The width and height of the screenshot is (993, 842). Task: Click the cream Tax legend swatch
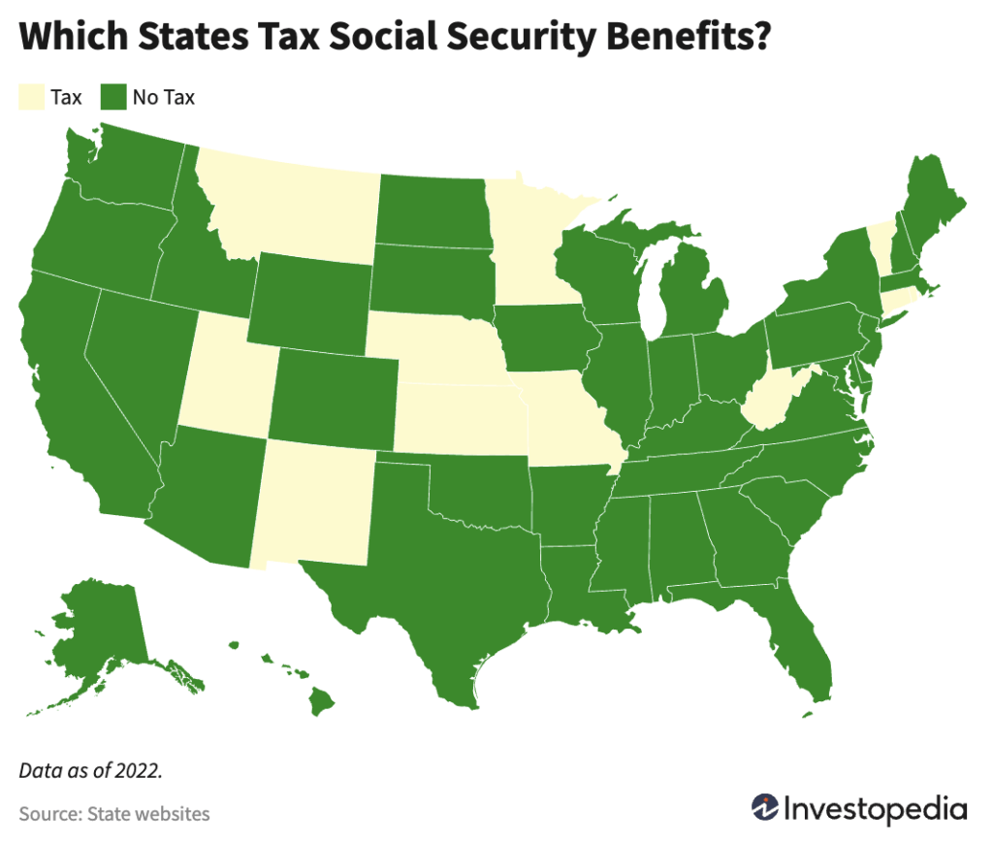coord(32,97)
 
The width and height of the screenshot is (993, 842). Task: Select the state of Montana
coord(291,209)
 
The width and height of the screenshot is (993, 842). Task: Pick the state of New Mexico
coord(310,504)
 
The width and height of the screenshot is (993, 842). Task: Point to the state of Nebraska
coord(436,349)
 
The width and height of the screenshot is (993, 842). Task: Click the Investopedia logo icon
coord(765,807)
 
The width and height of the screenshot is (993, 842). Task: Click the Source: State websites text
coord(113,813)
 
